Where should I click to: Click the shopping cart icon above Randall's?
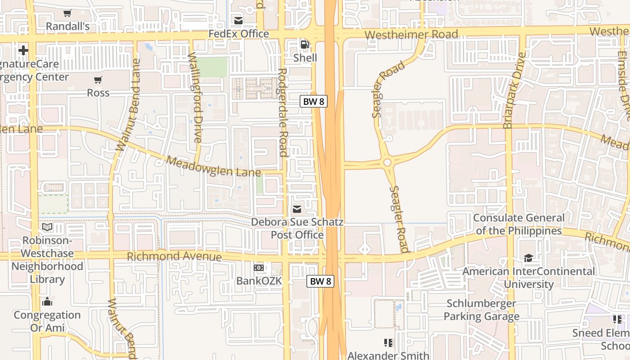[x=67, y=13]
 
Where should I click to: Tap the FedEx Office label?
[x=245, y=34]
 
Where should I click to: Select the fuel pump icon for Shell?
[x=305, y=45]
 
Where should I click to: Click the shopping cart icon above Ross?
[x=98, y=80]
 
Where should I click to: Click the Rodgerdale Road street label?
[x=283, y=112]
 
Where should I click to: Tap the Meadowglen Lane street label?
[x=214, y=166]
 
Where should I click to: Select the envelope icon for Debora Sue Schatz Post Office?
[x=297, y=209]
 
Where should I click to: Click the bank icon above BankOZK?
[x=259, y=268]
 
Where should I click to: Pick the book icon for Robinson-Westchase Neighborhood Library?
[x=47, y=227]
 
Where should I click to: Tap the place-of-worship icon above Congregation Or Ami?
[x=47, y=301]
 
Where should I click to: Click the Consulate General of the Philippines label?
[x=518, y=224]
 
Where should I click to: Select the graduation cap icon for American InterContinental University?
[x=528, y=258]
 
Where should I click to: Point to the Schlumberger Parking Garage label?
[x=481, y=310]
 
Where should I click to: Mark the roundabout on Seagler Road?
[x=387, y=162]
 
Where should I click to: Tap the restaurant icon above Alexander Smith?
[x=388, y=343]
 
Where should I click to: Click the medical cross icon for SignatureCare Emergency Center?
[x=23, y=50]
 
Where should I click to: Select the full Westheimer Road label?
[x=411, y=34]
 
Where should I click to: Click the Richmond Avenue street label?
[x=175, y=256]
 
